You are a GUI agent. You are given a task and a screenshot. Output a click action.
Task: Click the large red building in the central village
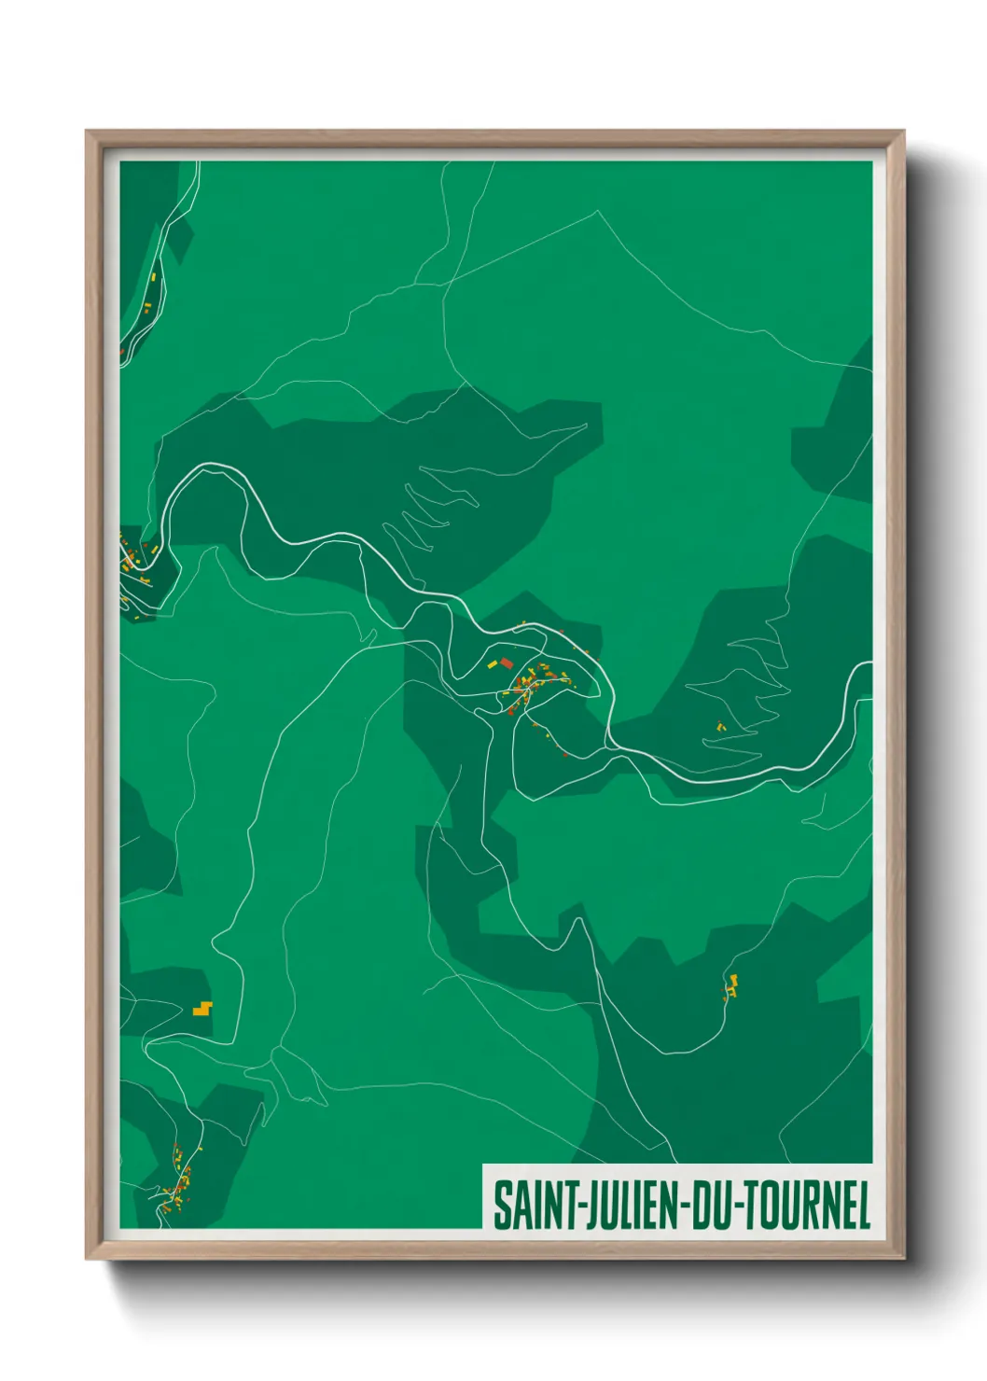pos(507,663)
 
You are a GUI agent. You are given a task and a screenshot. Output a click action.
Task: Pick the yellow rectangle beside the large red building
pos(493,664)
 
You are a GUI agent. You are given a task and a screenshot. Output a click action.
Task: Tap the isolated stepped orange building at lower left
pos(202,1008)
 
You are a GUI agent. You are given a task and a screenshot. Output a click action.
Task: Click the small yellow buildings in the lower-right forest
pos(731,985)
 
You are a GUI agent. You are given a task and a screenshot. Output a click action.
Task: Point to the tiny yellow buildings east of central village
pos(720,726)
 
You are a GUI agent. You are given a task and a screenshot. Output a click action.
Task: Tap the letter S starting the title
pos(502,1206)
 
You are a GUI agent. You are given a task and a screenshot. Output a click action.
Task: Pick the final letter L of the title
pos(863,1206)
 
